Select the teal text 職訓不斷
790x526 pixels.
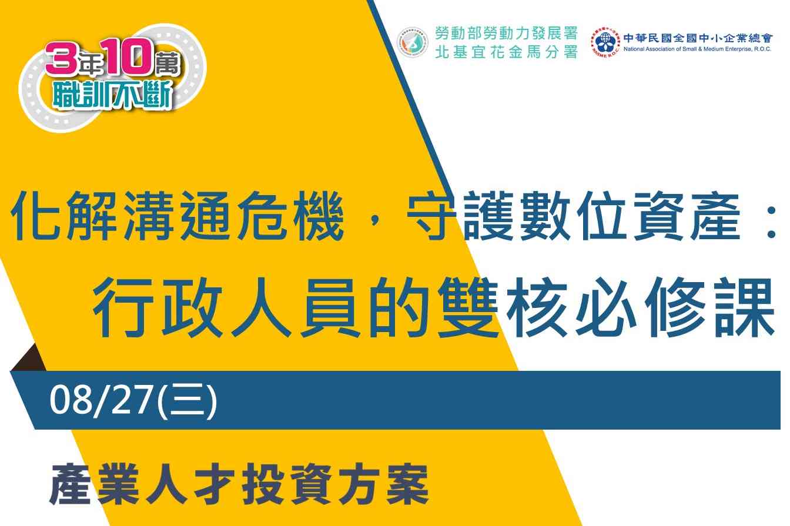(113, 95)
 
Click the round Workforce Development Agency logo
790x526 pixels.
(413, 42)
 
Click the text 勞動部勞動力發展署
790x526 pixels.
(506, 33)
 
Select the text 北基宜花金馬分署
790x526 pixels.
(506, 52)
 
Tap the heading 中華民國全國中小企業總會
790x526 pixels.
(698, 38)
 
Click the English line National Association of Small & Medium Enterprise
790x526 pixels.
(697, 49)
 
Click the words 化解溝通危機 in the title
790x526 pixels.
(177, 216)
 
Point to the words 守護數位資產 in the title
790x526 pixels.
(573, 216)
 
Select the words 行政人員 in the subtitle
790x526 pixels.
(225, 307)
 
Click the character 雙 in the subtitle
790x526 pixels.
(467, 307)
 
